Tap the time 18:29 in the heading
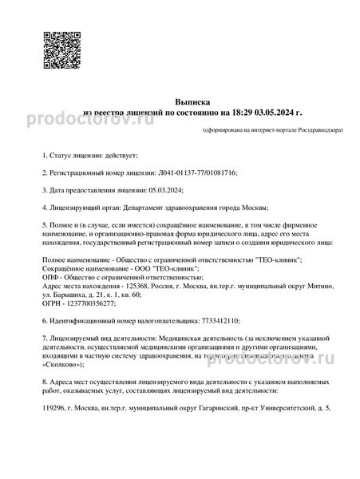[243, 114]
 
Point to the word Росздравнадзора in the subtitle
[319, 129]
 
